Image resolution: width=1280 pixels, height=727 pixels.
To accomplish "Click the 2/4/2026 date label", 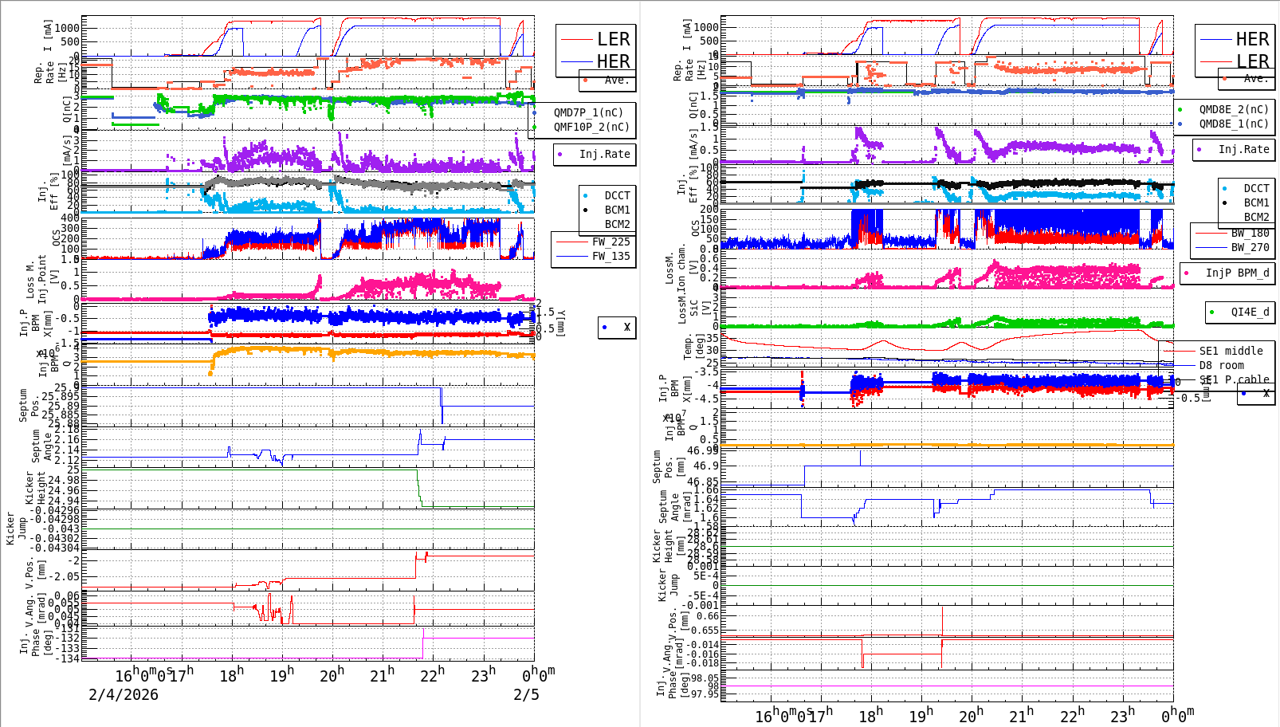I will pyautogui.click(x=124, y=694).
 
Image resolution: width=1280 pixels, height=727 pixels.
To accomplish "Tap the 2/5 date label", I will pyautogui.click(x=526, y=694).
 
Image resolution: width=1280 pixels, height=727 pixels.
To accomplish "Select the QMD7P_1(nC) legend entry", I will pyautogui.click(x=588, y=112).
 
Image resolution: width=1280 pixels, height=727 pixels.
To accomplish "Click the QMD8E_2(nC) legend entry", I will pyautogui.click(x=1233, y=109).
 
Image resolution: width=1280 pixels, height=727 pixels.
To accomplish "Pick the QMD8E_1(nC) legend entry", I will pyautogui.click(x=1233, y=124).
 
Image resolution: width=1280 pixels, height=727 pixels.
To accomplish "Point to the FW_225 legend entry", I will pyautogui.click(x=611, y=242).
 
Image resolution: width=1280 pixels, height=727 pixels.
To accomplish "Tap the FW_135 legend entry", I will pyautogui.click(x=611, y=256).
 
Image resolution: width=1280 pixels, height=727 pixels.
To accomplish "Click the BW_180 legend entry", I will pyautogui.click(x=1250, y=233).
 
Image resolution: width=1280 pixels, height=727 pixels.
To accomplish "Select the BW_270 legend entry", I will pyautogui.click(x=1250, y=247).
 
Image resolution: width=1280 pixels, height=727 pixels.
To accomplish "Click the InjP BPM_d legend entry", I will pyautogui.click(x=1237, y=273).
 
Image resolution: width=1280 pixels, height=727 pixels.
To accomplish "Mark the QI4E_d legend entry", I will pyautogui.click(x=1250, y=312).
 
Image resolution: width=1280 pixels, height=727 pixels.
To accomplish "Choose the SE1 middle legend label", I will pyautogui.click(x=1231, y=351).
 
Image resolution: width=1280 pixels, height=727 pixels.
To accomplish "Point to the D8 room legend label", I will pyautogui.click(x=1221, y=365).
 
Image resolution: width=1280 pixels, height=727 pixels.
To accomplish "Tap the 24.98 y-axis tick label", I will pyautogui.click(x=64, y=480).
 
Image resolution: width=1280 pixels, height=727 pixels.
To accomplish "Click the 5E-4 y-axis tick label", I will pyautogui.click(x=705, y=576).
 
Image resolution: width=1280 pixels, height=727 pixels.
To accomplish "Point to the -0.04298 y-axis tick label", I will pyautogui.click(x=53, y=519).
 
